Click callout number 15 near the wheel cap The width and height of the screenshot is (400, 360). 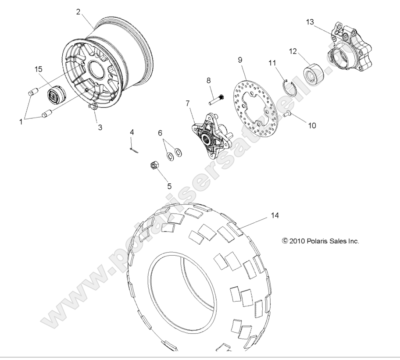pyautogui.click(x=39, y=69)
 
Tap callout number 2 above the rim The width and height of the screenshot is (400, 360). pyautogui.click(x=78, y=12)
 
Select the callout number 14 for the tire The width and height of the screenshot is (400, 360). pyautogui.click(x=275, y=215)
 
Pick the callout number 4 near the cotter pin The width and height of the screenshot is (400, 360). pyautogui.click(x=132, y=132)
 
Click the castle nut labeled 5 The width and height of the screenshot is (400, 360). pyautogui.click(x=154, y=165)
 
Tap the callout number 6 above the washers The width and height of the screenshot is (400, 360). pyautogui.click(x=160, y=133)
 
